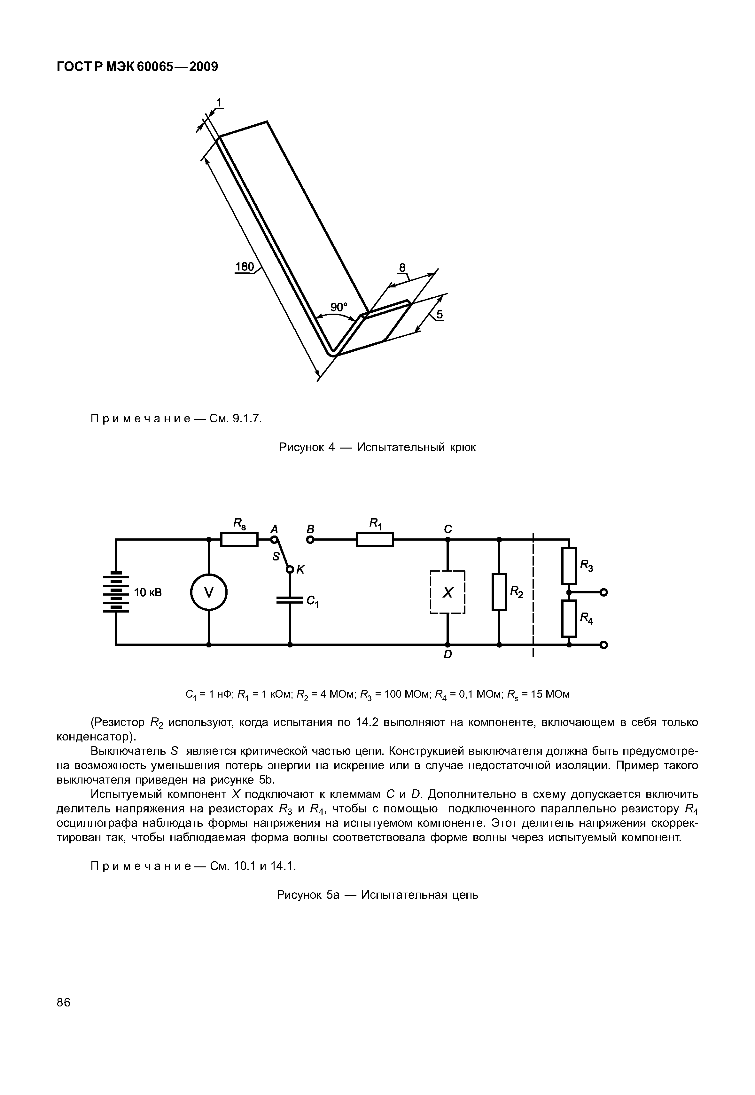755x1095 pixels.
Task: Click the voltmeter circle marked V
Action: [209, 592]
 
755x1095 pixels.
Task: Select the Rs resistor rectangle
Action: [239, 539]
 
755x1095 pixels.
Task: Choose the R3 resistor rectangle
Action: [569, 566]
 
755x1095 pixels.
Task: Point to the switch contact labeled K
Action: [290, 569]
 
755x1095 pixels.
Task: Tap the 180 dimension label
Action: [245, 267]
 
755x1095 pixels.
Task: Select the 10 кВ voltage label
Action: [148, 592]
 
